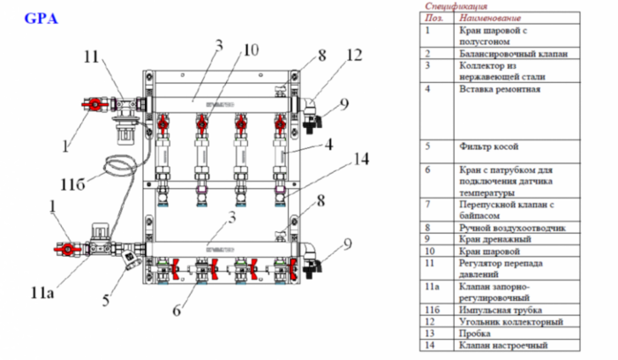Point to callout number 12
(354, 55)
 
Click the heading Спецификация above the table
(456, 6)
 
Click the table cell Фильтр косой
(488, 146)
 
